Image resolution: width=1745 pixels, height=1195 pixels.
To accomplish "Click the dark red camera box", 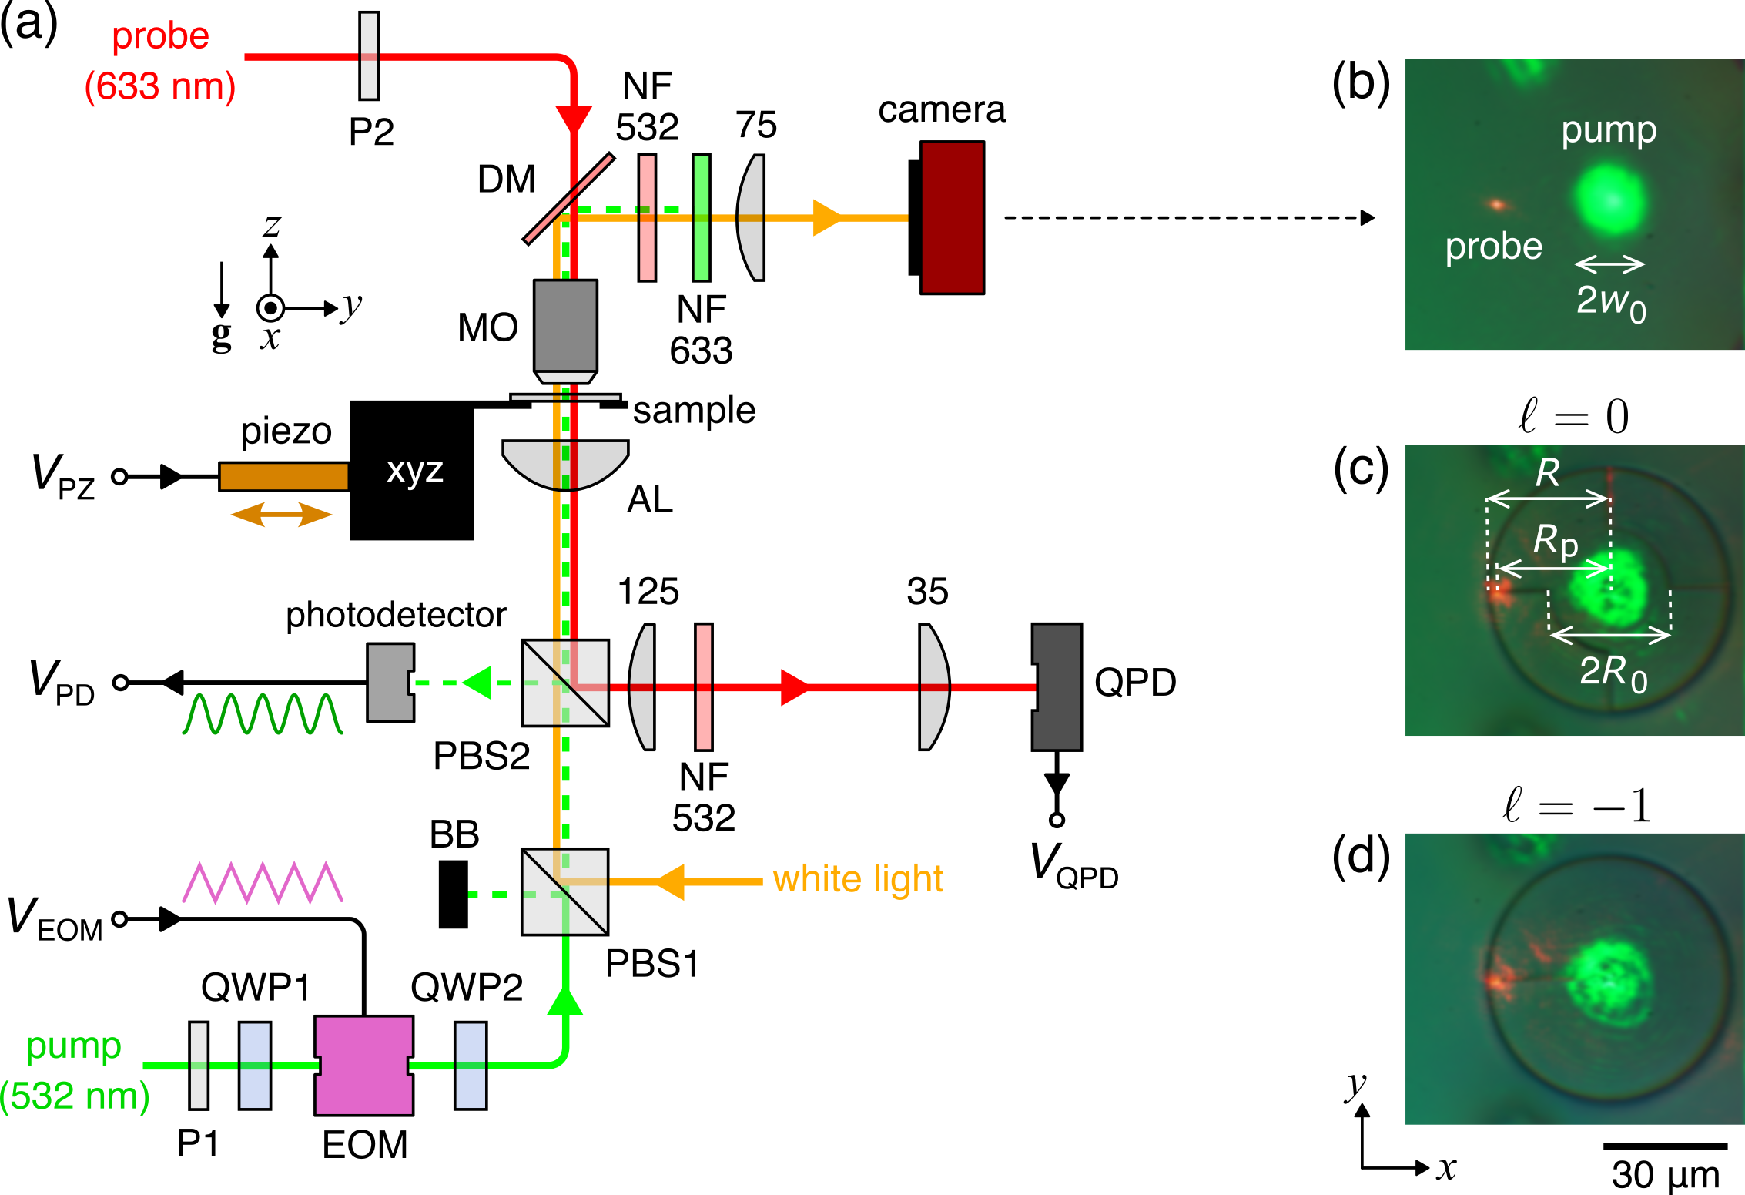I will [952, 218].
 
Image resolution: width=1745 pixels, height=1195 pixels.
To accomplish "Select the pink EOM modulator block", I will [363, 1065].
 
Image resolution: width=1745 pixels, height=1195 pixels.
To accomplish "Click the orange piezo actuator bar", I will [283, 476].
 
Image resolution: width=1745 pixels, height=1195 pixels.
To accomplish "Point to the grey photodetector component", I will [390, 683].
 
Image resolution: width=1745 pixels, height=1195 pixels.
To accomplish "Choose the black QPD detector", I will [1057, 686].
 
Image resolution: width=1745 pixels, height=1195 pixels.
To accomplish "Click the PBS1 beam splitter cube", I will [564, 891].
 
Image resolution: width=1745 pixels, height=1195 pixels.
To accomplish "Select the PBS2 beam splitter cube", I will [565, 683].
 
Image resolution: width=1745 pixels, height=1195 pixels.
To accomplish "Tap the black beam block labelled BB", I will [453, 894].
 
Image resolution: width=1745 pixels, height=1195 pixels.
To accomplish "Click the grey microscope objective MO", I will [565, 327].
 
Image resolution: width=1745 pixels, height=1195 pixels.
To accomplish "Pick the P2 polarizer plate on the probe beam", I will [369, 55].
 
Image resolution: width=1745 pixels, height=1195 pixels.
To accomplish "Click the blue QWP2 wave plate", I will [470, 1065].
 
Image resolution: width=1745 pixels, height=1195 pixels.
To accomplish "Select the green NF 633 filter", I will [701, 217].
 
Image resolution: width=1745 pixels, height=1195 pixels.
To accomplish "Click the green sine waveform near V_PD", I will [263, 713].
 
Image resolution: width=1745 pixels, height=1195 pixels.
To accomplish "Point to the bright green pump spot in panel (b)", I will [1609, 199].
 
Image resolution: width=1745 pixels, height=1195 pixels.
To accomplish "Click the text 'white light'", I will [858, 879].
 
